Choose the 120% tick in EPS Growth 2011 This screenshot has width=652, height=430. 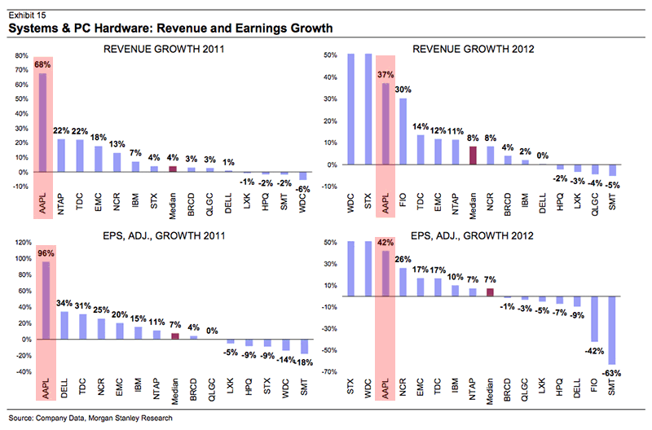(x=18, y=243)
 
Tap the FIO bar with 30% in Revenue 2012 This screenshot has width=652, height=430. (x=403, y=131)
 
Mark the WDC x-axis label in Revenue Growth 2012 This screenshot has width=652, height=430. (x=350, y=200)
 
